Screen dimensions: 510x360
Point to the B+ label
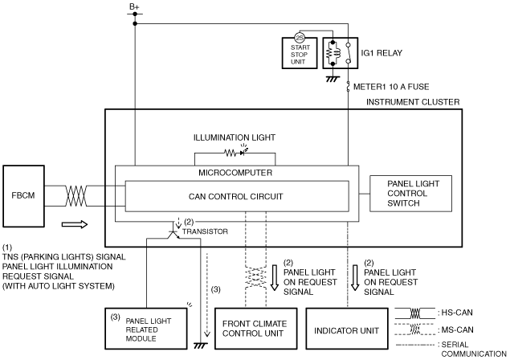134,6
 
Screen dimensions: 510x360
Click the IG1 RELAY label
381,53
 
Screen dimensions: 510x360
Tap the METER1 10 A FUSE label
391,87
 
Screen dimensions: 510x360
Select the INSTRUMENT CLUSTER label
413,102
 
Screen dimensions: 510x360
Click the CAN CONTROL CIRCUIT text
236,197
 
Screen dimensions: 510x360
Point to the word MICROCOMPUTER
235,173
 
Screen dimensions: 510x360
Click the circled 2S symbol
299,38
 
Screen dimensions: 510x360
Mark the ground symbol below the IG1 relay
333,79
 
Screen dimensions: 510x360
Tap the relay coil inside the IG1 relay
333,53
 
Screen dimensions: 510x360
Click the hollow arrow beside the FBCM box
75,224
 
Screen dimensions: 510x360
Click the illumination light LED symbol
243,152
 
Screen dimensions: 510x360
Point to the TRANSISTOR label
206,231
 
